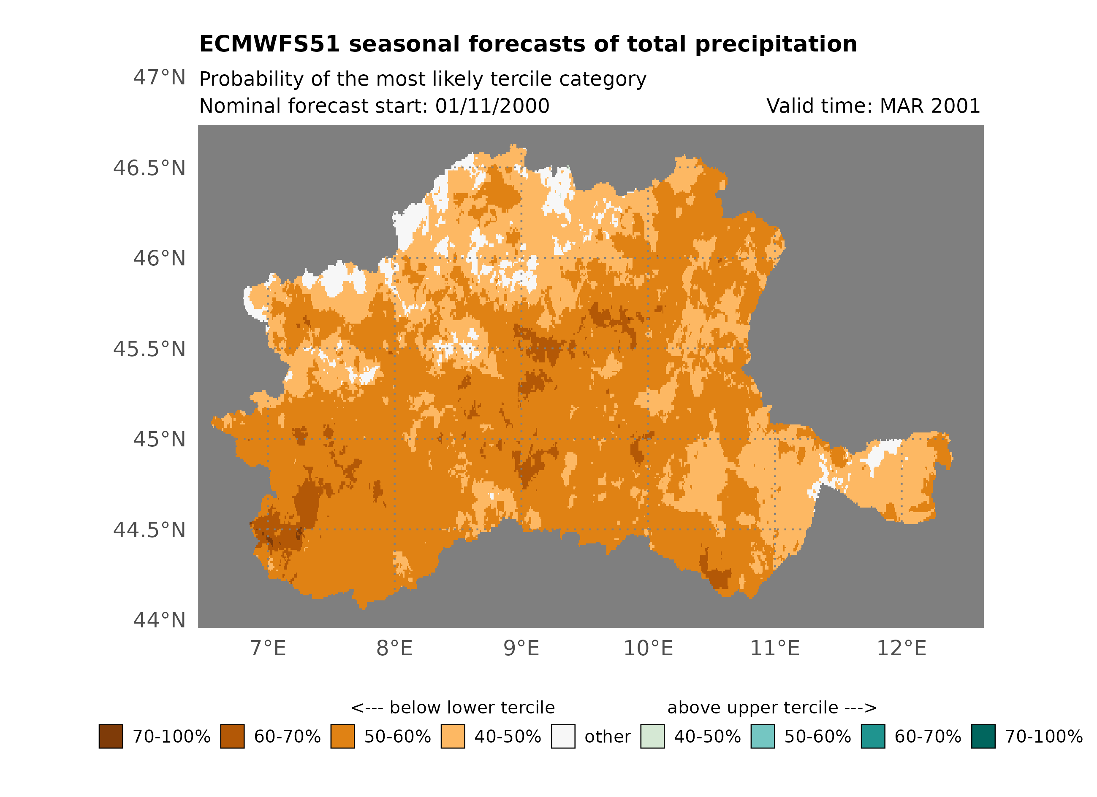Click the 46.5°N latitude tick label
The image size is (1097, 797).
tap(149, 168)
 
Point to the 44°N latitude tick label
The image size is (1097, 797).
tap(159, 620)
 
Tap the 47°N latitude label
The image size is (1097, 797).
tap(159, 77)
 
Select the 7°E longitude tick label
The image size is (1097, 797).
tap(268, 648)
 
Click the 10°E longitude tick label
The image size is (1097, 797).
tap(648, 648)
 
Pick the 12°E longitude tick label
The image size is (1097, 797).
tap(901, 648)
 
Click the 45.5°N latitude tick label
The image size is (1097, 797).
tap(149, 349)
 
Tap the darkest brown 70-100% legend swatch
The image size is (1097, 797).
tap(111, 736)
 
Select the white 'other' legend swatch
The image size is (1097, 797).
tap(563, 736)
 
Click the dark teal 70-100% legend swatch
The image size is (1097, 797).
tap(983, 736)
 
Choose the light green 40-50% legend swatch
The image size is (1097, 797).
tap(652, 736)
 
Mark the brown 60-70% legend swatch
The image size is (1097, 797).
tap(232, 736)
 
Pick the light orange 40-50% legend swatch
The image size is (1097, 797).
tap(453, 736)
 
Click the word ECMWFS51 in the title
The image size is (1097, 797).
tap(269, 44)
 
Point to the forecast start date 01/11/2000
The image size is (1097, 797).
tap(492, 106)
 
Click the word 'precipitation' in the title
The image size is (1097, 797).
tap(776, 44)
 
